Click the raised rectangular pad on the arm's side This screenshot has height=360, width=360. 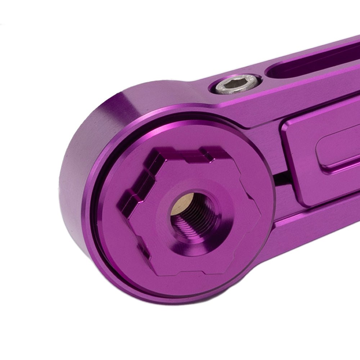pyautogui.click(x=320, y=158)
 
